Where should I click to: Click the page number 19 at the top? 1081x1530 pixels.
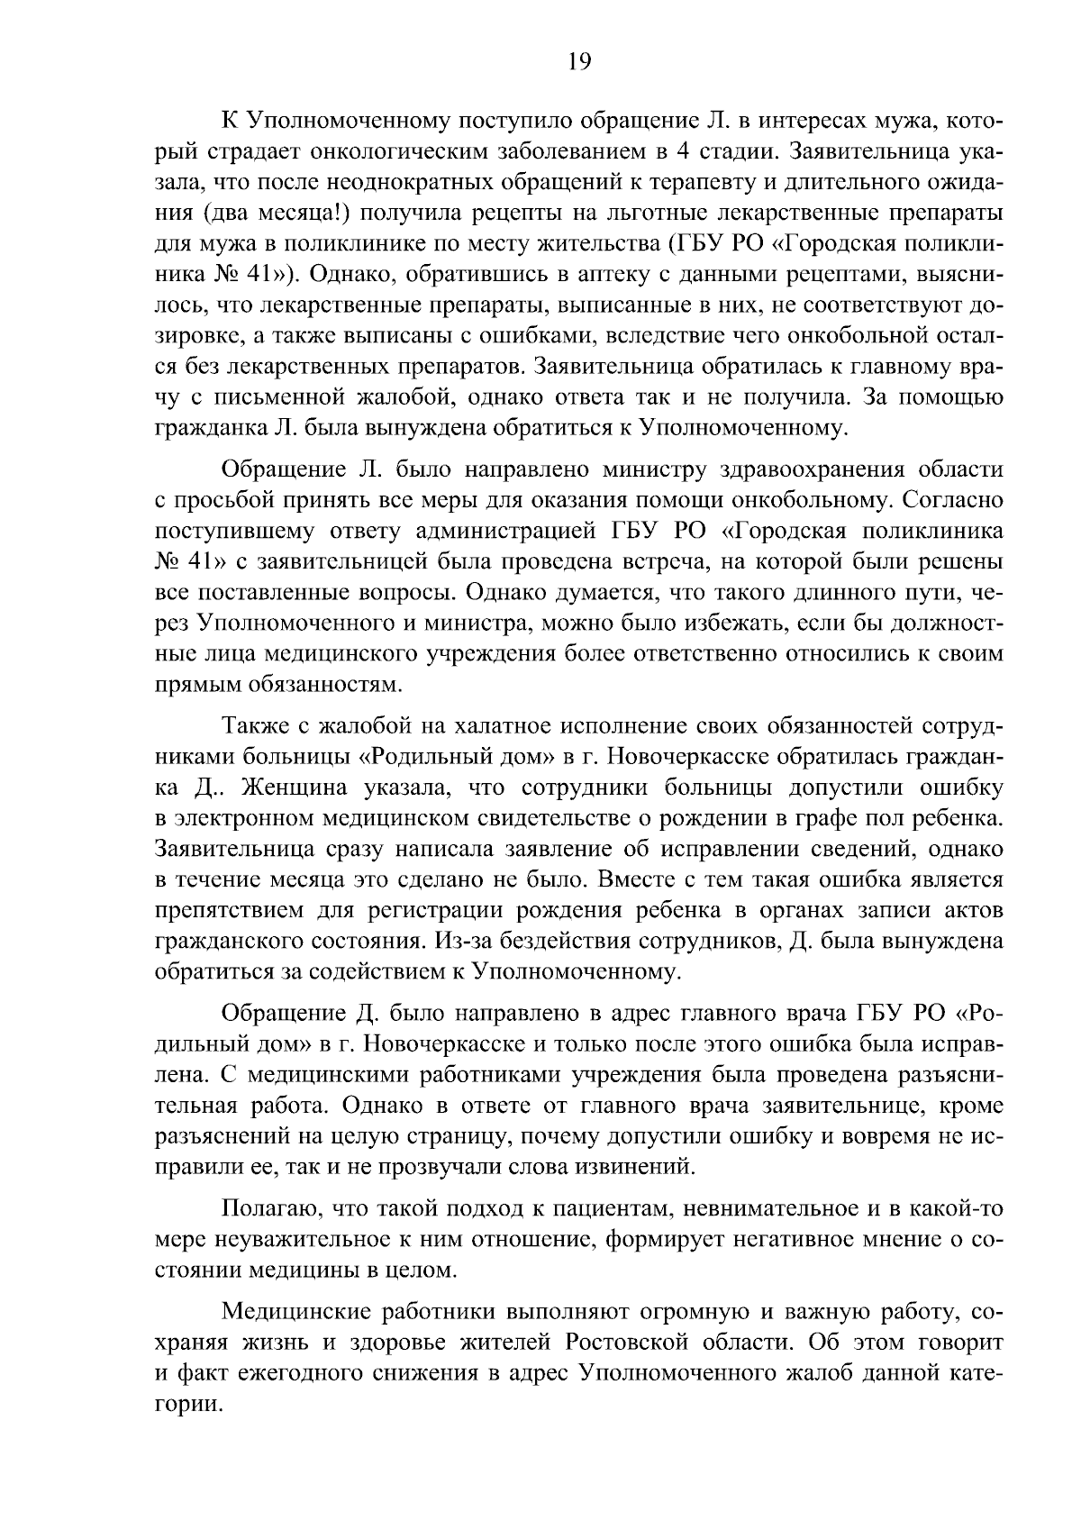[x=580, y=61]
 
